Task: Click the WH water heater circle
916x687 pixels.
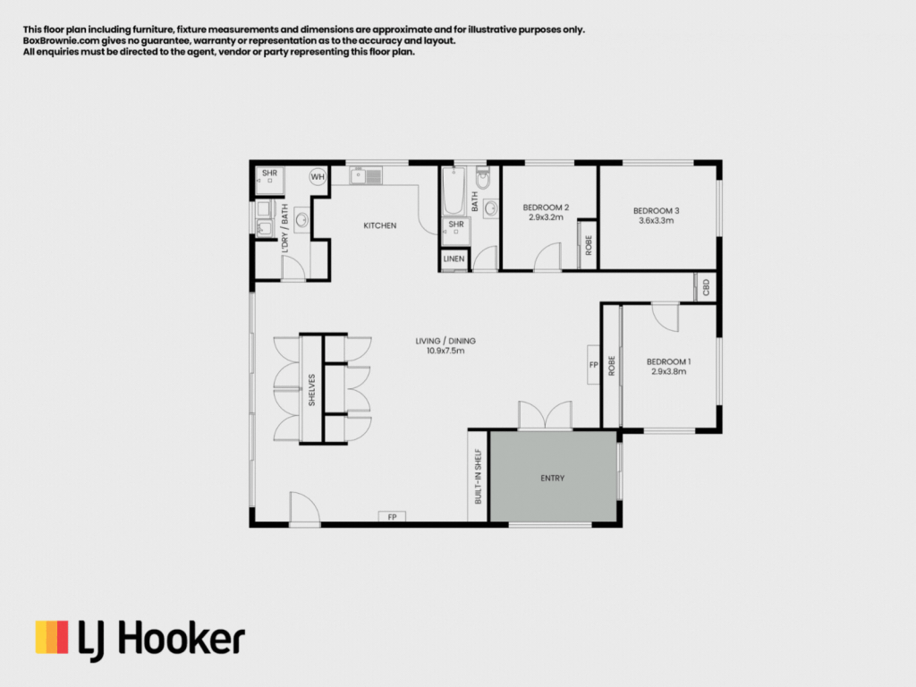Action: pyautogui.click(x=318, y=177)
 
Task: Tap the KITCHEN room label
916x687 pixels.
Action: pyautogui.click(x=379, y=225)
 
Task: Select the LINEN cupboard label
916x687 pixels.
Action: pyautogui.click(x=454, y=259)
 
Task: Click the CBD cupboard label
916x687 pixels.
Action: pyautogui.click(x=706, y=287)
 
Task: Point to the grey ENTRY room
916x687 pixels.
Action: pyautogui.click(x=553, y=477)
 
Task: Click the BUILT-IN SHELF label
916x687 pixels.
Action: pyautogui.click(x=478, y=476)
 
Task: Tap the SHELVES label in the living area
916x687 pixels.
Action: pyautogui.click(x=311, y=390)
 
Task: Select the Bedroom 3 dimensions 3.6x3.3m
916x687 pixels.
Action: pyautogui.click(x=656, y=221)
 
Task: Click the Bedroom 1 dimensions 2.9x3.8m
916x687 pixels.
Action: pyautogui.click(x=669, y=371)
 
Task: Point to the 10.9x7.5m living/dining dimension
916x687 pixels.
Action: pyautogui.click(x=445, y=351)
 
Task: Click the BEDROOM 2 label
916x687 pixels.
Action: pyautogui.click(x=546, y=208)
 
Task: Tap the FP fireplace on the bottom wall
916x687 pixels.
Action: pyautogui.click(x=392, y=517)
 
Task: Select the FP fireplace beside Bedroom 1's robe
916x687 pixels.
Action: pyautogui.click(x=594, y=365)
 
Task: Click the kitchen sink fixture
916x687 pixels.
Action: pyautogui.click(x=366, y=175)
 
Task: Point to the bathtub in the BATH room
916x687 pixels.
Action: pyautogui.click(x=454, y=191)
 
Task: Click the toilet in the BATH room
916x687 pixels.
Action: pyautogui.click(x=482, y=178)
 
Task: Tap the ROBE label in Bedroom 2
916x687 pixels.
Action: pyautogui.click(x=589, y=245)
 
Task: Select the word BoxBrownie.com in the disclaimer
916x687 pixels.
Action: pyautogui.click(x=61, y=41)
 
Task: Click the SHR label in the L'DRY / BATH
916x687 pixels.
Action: pyautogui.click(x=269, y=173)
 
